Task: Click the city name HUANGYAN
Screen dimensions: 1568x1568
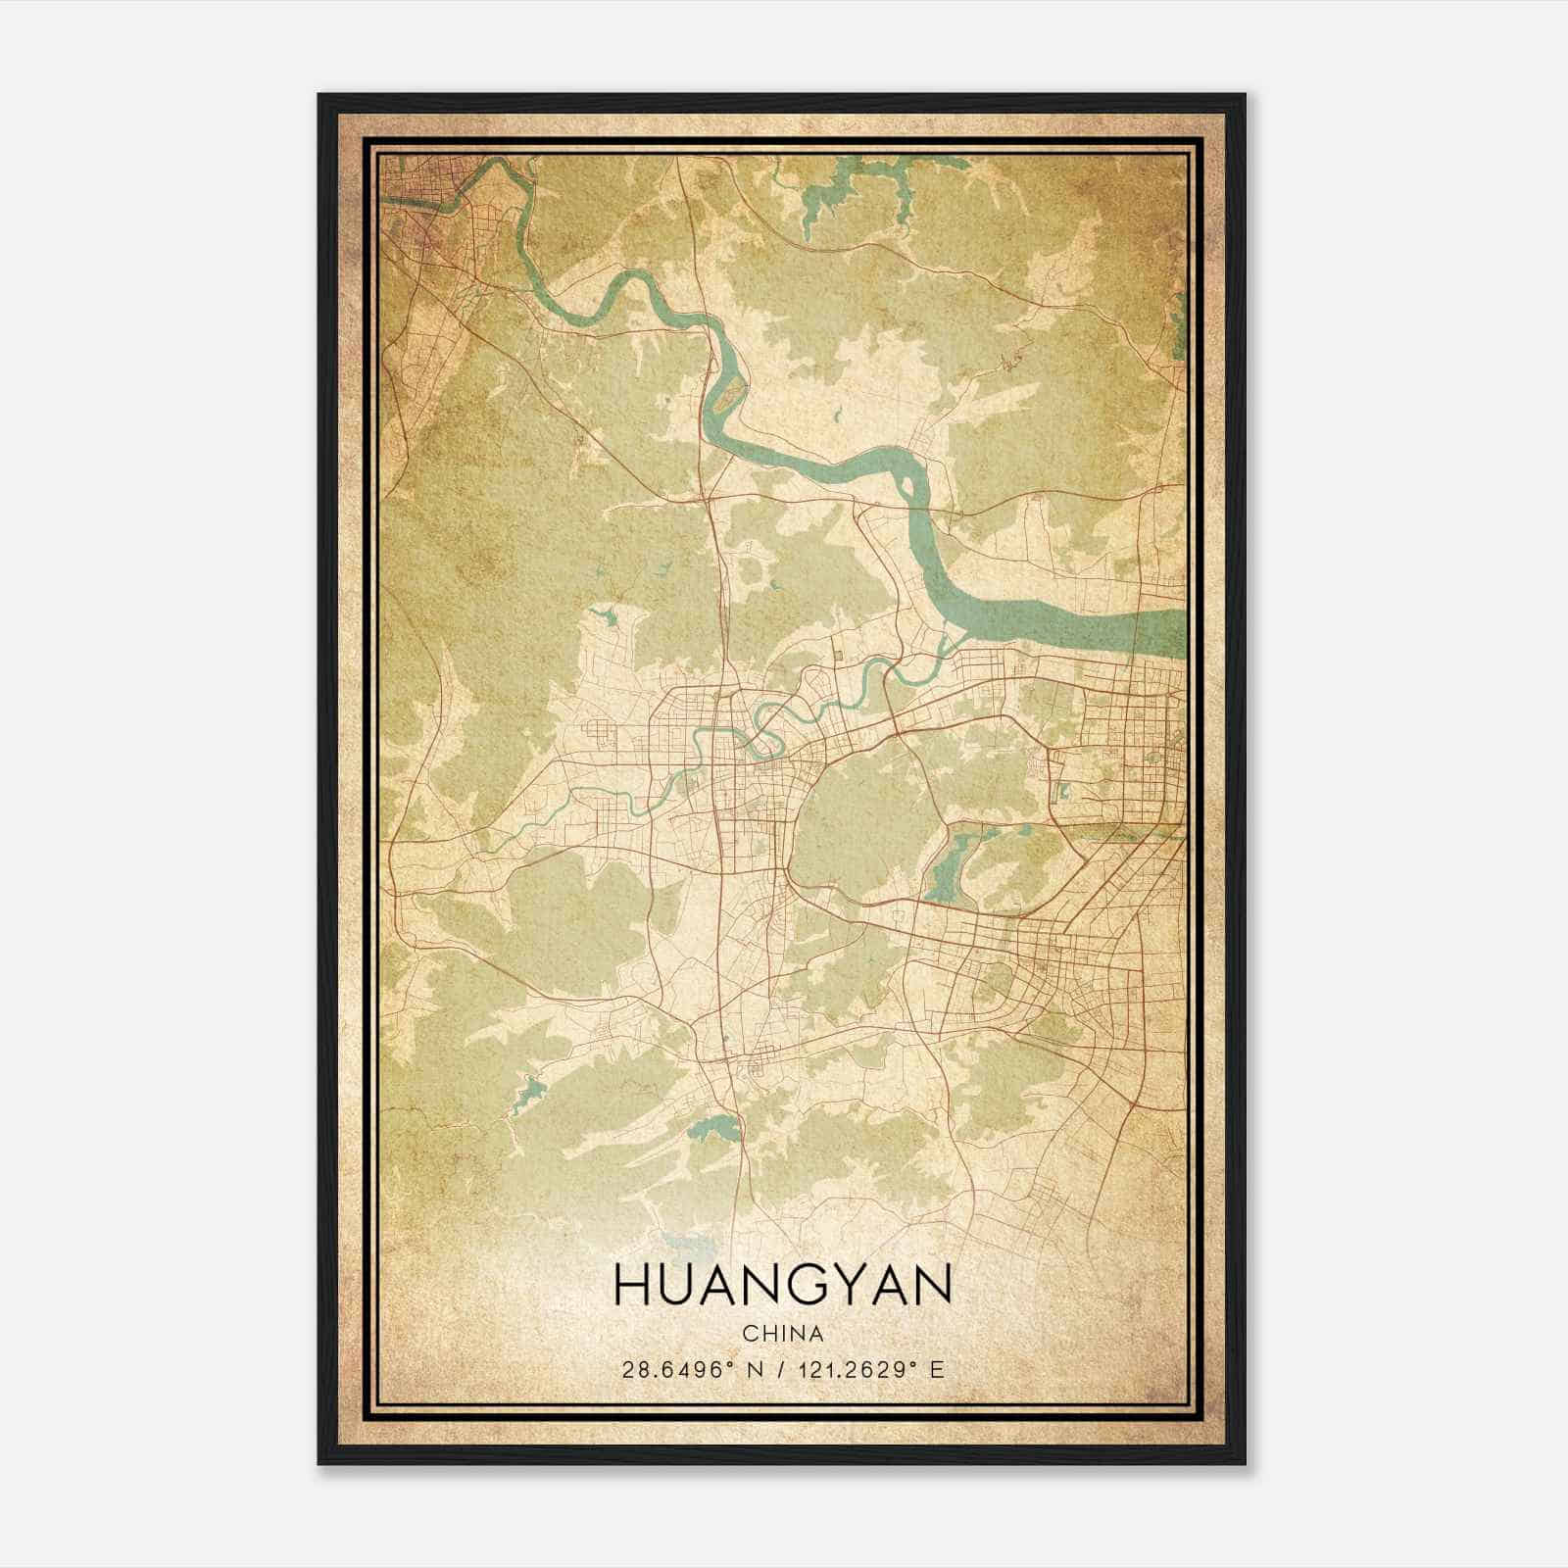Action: pos(782,1285)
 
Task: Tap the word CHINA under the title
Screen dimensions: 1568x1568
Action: pos(782,1334)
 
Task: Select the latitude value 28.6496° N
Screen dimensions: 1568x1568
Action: pos(690,1370)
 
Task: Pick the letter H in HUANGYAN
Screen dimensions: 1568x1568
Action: pos(633,1285)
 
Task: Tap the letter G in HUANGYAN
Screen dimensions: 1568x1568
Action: pos(803,1285)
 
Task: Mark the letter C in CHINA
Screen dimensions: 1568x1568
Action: pos(750,1334)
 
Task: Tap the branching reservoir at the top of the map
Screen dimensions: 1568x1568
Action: pos(833,196)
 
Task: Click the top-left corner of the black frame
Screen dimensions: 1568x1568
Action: pos(319,95)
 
